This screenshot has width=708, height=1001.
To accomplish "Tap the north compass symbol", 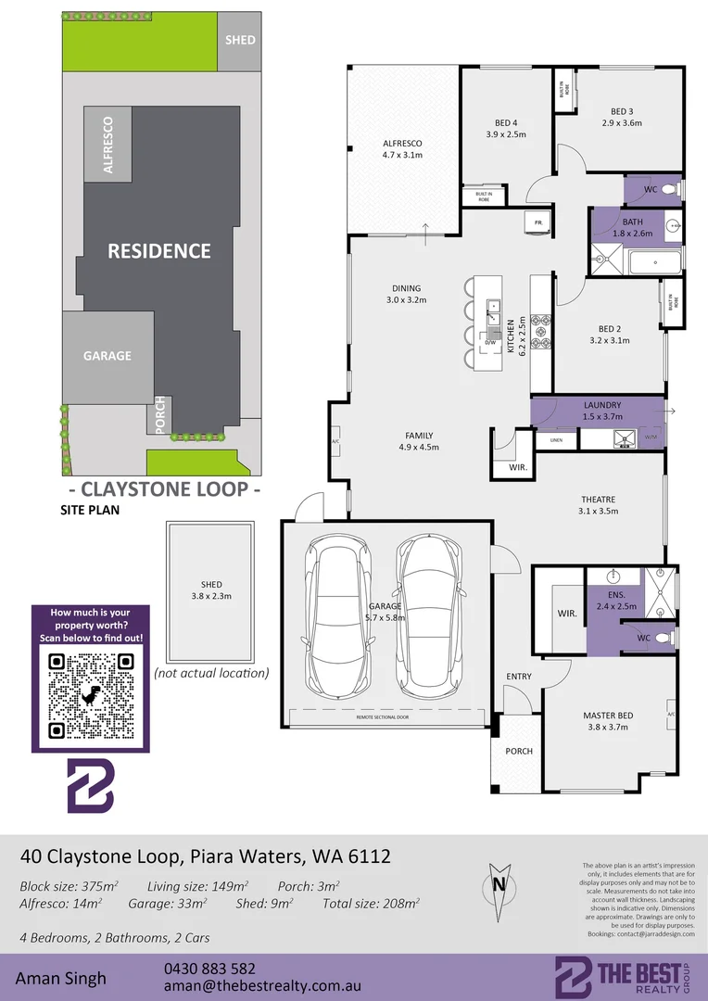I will point(499,883).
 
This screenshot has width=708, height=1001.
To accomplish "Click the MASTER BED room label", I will point(608,716).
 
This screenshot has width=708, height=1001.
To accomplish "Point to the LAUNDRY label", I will point(602,405).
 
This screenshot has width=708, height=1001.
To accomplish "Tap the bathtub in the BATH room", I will point(655,263).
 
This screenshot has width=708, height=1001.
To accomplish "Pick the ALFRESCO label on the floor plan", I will point(402,144).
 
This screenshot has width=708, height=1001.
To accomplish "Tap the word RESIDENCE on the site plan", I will point(159,250).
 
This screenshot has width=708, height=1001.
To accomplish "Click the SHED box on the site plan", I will point(240,40).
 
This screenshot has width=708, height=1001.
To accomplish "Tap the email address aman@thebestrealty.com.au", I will point(262,987).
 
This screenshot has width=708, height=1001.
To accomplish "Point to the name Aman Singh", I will point(60,978).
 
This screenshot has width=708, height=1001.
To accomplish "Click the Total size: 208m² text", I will point(371,903).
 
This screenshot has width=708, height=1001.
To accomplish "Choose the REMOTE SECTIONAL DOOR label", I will point(387,717).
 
